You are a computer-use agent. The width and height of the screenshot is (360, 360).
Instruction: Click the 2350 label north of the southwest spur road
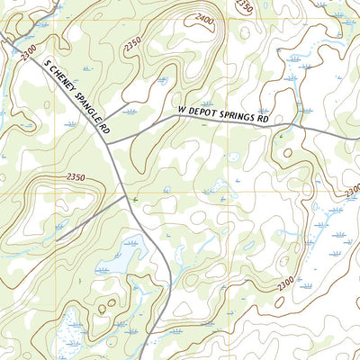coord(76,178)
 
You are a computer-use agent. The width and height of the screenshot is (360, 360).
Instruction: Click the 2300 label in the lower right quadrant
coord(285,284)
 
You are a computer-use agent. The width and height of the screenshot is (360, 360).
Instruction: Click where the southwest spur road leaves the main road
coord(123,193)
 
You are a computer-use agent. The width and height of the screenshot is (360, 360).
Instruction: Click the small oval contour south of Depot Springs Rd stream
coord(287,153)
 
